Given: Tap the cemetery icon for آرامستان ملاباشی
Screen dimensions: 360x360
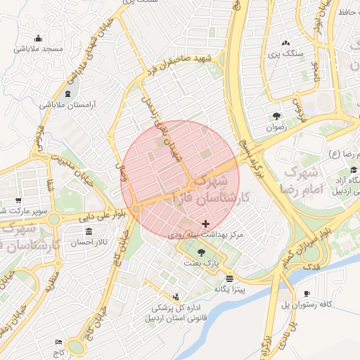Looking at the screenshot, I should (67, 94).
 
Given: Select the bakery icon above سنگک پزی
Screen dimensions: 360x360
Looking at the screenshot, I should (285, 42).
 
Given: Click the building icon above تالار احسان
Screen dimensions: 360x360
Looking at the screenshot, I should (89, 231).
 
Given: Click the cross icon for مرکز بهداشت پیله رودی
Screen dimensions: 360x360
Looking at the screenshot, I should (205, 224).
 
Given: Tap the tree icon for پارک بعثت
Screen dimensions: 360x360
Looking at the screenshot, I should (202, 251).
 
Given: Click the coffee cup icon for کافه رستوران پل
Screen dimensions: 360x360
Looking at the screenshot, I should (307, 293).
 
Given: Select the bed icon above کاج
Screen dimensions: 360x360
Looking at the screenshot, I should (58, 341).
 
